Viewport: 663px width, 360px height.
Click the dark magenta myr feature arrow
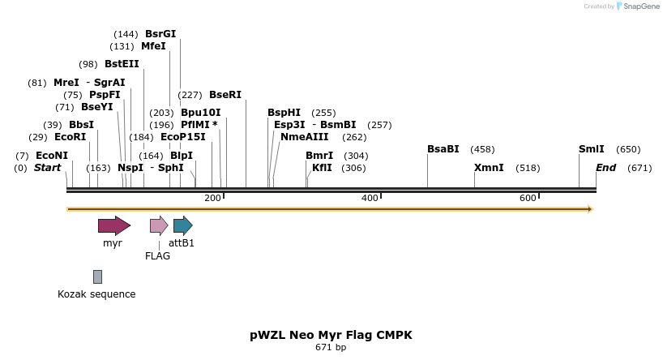click(113, 225)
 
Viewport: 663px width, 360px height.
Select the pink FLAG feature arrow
click(159, 225)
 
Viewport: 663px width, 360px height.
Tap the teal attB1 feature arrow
click(182, 225)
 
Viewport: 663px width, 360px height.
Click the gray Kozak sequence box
click(97, 277)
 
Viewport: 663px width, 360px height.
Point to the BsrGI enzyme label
click(160, 34)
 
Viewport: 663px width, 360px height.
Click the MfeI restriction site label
click(153, 46)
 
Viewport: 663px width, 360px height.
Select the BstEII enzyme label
click(122, 64)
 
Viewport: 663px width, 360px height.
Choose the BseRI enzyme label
click(225, 95)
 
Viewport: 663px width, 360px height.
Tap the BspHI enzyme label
click(284, 113)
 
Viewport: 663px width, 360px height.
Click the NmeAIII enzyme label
click(304, 137)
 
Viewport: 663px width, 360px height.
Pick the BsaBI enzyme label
click(443, 149)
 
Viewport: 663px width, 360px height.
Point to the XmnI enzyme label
click(489, 168)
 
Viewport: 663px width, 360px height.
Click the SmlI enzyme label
click(591, 149)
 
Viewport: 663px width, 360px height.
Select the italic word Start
click(47, 168)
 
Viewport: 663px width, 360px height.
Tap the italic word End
click(605, 168)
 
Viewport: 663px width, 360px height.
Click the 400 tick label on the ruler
click(370, 199)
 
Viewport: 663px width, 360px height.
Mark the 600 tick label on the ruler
click(528, 199)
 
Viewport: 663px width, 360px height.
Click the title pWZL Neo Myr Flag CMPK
click(331, 335)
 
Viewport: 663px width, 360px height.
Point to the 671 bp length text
click(331, 348)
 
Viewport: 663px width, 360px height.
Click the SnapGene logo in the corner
click(637, 6)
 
